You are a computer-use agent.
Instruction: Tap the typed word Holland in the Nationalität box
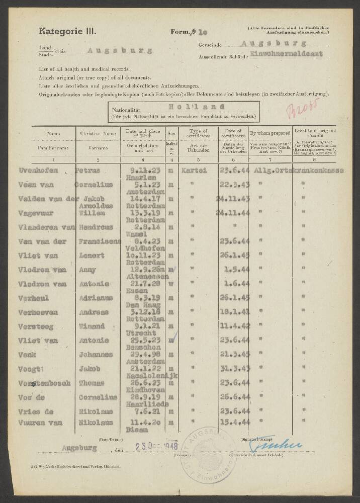190,107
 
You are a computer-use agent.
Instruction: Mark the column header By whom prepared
270,133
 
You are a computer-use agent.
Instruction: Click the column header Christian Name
98,134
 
